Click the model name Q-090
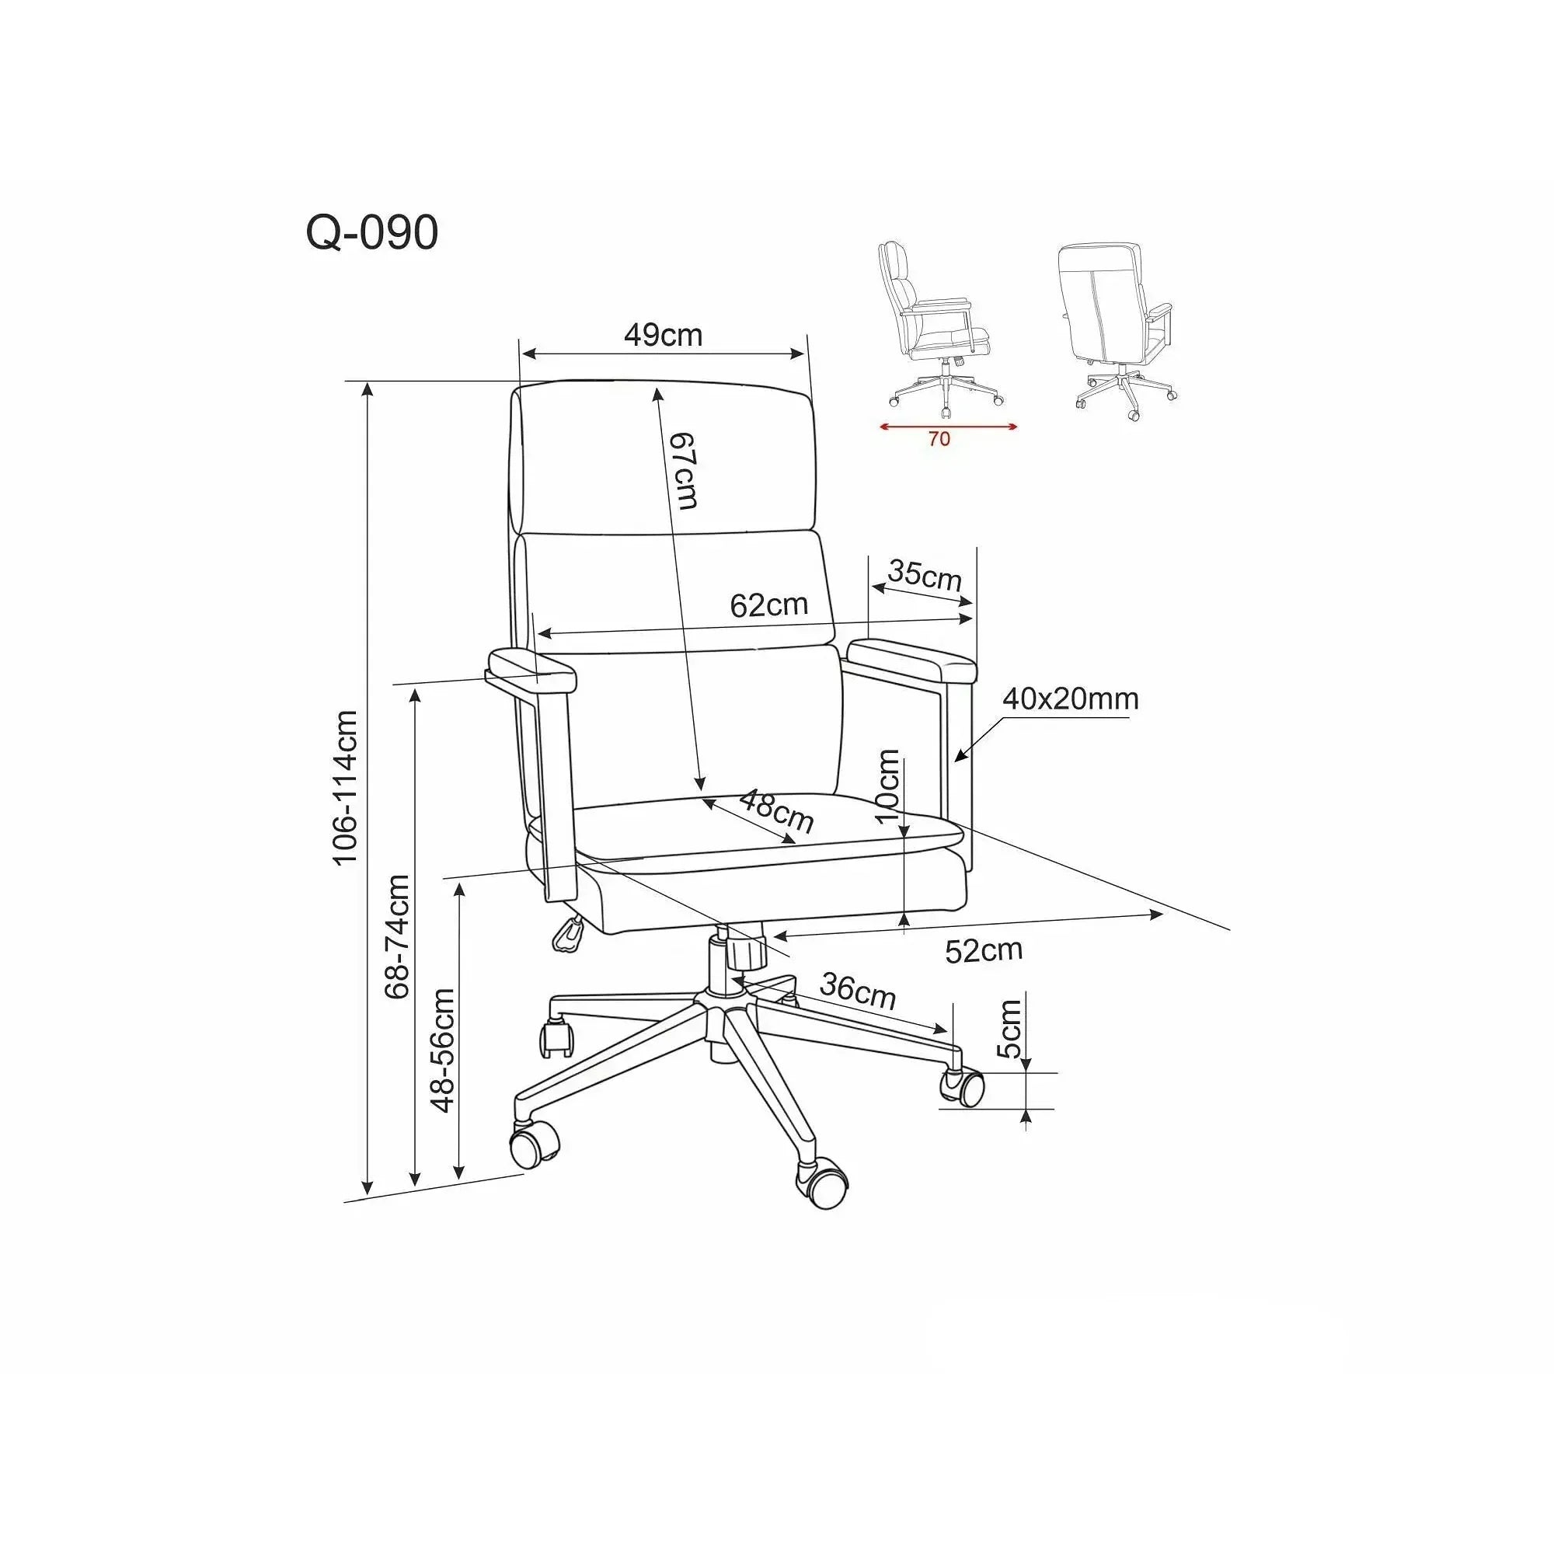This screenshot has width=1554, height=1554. pyautogui.click(x=371, y=233)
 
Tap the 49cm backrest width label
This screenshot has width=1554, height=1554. pyautogui.click(x=663, y=335)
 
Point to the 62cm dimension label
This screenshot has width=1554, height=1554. pyautogui.click(x=769, y=605)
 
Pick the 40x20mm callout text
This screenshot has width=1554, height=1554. pyautogui.click(x=1070, y=699)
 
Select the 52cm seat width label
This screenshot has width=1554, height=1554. pyautogui.click(x=983, y=951)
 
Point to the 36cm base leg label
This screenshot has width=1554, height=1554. pyautogui.click(x=859, y=991)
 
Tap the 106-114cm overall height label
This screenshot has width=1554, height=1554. pyautogui.click(x=345, y=787)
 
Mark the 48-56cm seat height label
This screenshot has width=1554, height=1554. pyautogui.click(x=442, y=1051)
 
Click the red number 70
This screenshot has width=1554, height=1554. pyautogui.click(x=939, y=439)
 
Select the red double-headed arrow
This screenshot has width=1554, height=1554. pyautogui.click(x=948, y=427)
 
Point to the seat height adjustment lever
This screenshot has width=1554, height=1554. pyautogui.click(x=568, y=933)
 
